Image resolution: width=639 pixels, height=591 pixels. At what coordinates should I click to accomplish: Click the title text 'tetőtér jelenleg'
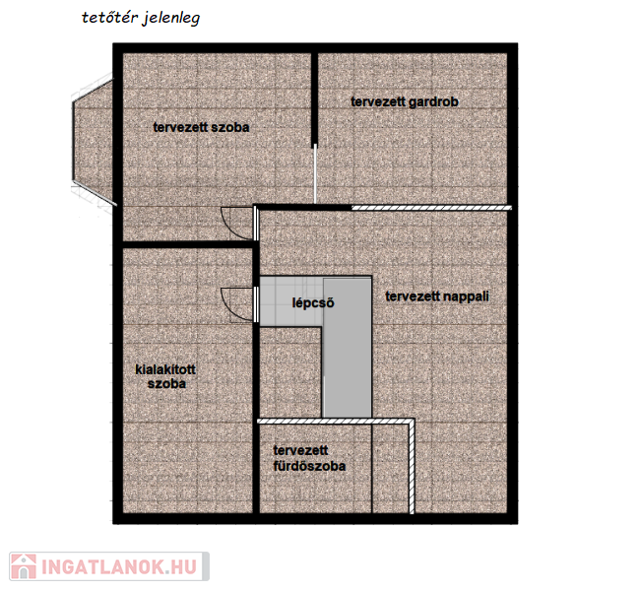pos(141,19)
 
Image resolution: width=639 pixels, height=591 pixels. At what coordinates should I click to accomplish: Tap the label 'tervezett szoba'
pos(201,127)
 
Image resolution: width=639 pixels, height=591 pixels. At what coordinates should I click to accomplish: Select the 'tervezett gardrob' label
pos(405,101)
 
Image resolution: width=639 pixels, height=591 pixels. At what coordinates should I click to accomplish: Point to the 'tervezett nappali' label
pos(437,296)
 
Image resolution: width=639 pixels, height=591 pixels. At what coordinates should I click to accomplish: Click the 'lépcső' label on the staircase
pos(313,302)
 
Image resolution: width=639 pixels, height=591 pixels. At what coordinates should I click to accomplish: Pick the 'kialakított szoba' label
pos(165,376)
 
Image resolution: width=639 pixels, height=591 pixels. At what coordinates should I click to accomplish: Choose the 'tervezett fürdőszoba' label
pos(309,458)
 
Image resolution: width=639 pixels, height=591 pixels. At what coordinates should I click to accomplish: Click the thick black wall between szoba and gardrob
pos(314,99)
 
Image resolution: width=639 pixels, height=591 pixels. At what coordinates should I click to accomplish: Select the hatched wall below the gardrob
pos(431,208)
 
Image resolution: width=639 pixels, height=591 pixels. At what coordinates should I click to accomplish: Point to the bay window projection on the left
pos(93,141)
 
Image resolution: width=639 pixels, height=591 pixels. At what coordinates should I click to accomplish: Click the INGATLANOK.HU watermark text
pos(119,567)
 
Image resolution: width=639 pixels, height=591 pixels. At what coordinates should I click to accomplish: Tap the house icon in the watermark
pos(24,566)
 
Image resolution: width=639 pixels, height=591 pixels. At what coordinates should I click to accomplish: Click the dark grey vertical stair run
pos(348,348)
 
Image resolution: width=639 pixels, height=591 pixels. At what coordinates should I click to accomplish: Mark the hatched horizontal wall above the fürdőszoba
pos(336,421)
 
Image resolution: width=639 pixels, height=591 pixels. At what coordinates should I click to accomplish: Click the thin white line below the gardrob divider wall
pos(315,174)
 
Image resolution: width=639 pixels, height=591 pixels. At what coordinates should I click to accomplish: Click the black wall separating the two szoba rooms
pos(188,244)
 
